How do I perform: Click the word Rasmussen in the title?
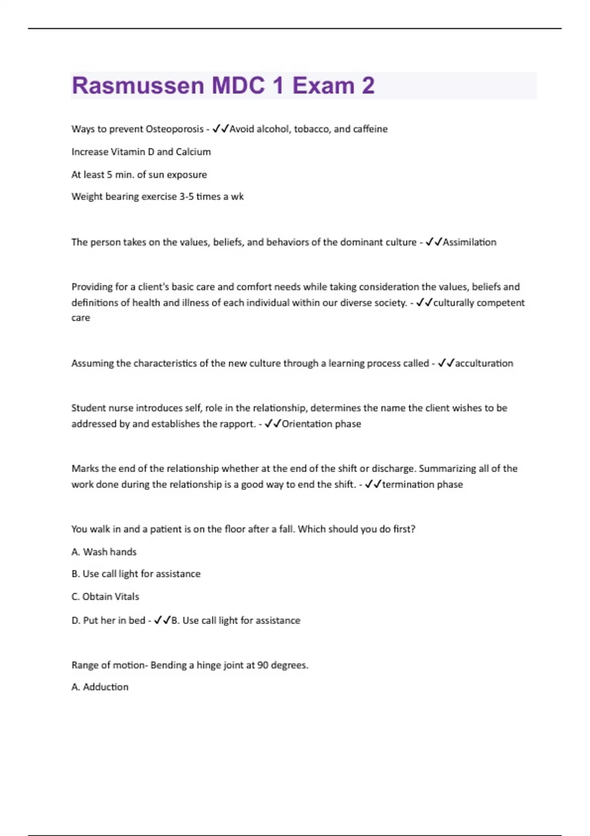coord(138,86)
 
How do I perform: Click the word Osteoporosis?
coord(175,129)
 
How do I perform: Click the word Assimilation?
coord(470,242)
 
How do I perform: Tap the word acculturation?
coord(484,363)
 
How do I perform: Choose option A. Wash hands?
coord(104,552)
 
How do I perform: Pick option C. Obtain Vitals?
coord(105,597)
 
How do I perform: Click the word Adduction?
coord(105,687)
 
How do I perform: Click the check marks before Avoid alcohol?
coord(221,129)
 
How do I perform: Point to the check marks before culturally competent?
coord(424,303)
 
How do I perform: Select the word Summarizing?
coord(447,469)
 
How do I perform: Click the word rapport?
coord(238,424)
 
